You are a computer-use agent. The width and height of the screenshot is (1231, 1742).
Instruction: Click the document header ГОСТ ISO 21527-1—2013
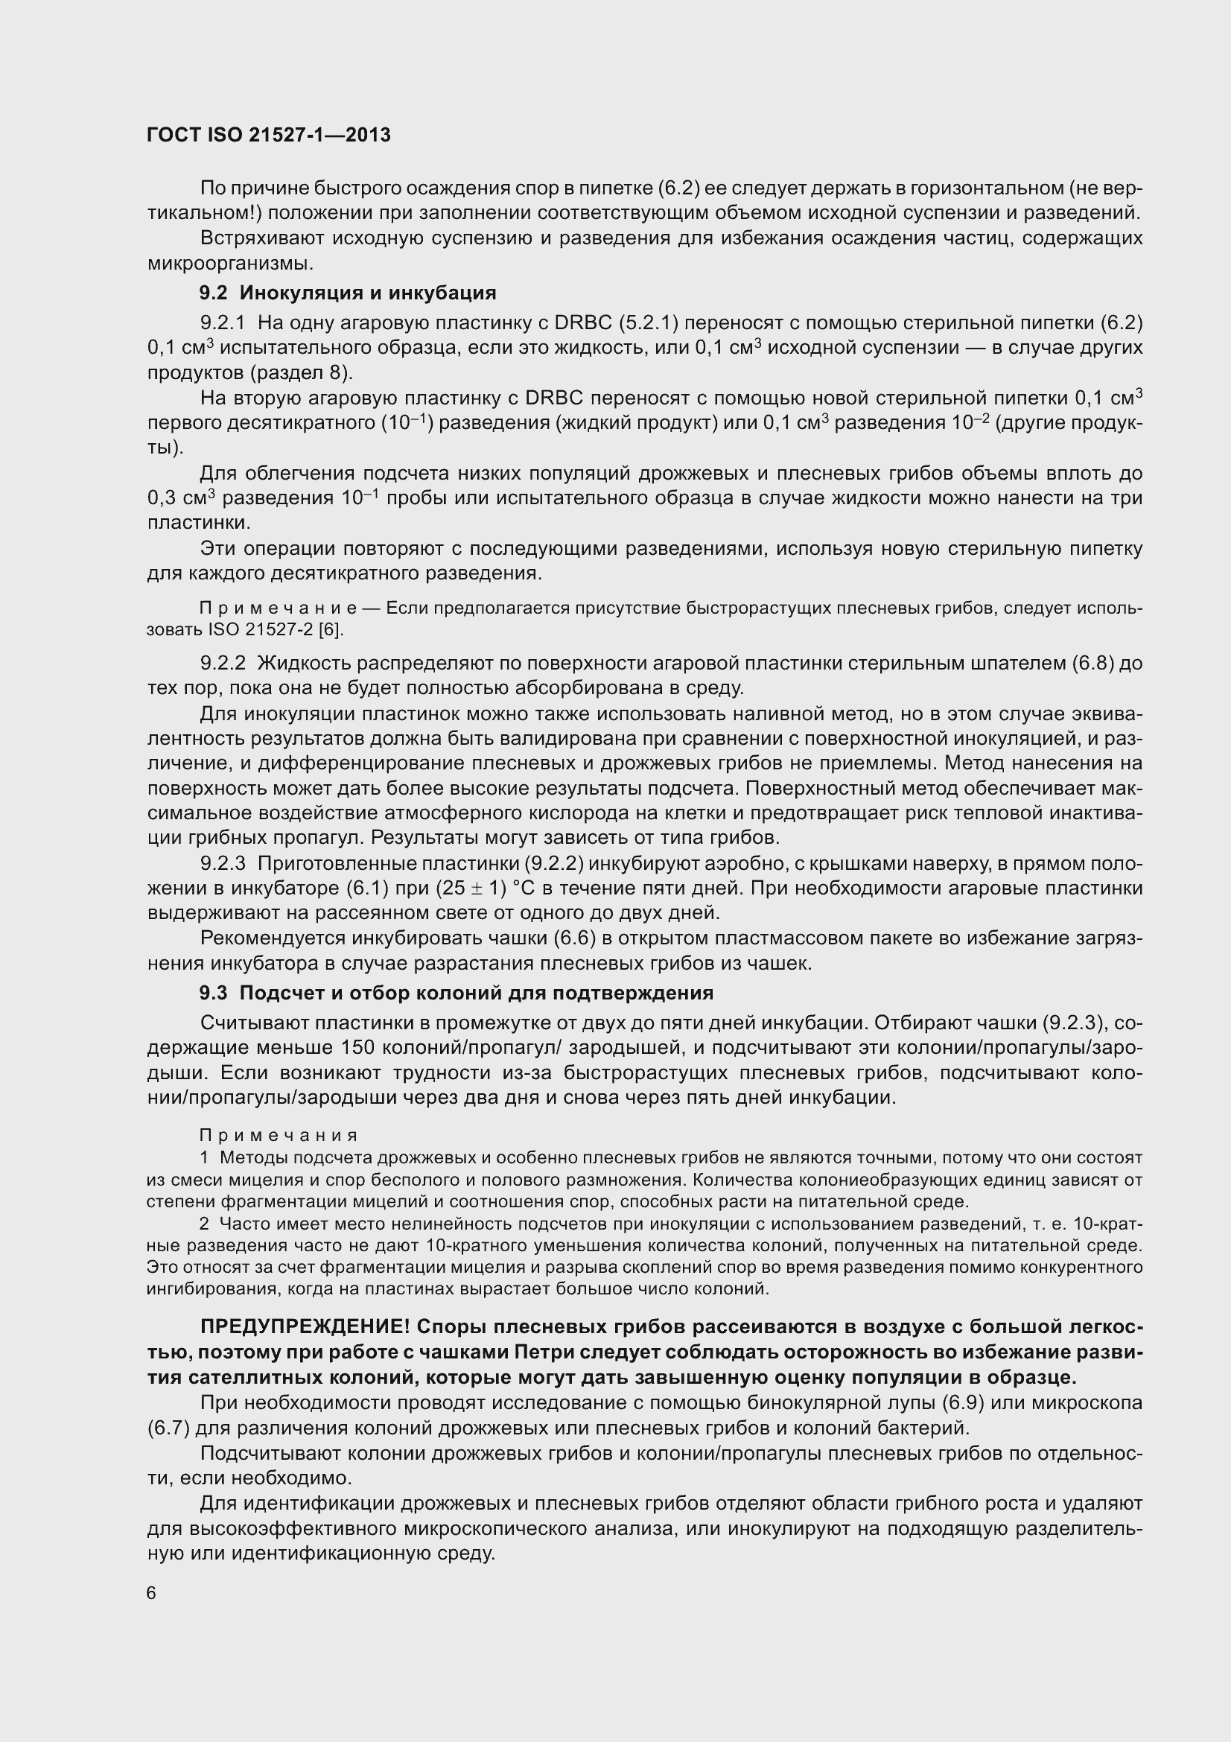(269, 135)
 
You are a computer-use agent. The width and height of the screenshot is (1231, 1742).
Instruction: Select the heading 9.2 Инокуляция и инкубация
(347, 293)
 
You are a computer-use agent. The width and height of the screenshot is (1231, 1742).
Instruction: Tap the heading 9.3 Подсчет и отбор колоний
(456, 992)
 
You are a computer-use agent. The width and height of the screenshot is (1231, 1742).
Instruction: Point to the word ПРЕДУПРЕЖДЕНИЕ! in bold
(305, 1327)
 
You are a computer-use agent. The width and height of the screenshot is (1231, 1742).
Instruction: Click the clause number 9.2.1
(222, 323)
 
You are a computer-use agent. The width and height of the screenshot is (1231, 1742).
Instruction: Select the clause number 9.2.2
(222, 663)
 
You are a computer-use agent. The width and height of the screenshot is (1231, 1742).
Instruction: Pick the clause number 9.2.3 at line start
(222, 863)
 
